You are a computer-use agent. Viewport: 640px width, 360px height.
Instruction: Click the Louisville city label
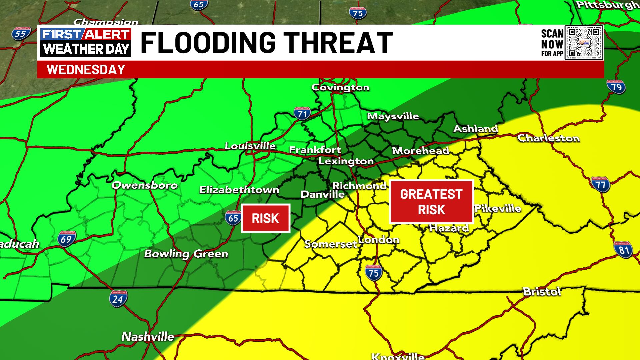[x=250, y=146]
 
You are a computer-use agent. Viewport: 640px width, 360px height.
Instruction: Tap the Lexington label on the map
[x=346, y=161]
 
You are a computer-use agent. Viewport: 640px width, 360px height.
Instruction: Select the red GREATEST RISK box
[x=431, y=202]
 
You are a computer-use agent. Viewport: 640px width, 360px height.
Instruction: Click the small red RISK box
[x=265, y=218]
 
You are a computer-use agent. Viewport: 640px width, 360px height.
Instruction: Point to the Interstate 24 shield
[x=118, y=299]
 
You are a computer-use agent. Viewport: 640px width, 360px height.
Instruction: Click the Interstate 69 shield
[x=66, y=239]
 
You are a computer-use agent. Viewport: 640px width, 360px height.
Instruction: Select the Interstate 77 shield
[x=601, y=185]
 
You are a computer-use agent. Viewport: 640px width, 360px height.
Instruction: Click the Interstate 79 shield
[x=616, y=87]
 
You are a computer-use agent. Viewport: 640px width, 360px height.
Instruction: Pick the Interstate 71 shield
[x=302, y=114]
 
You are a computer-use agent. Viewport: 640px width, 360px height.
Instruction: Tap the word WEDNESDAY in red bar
[x=86, y=70]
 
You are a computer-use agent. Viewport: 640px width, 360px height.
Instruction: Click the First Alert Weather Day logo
[x=86, y=42]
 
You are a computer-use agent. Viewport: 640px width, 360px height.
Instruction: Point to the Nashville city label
[x=148, y=336]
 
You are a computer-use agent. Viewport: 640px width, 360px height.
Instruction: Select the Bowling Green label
[x=186, y=254]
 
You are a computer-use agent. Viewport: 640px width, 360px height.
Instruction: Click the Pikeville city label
[x=498, y=209]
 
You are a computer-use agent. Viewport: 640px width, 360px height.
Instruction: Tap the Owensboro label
[x=144, y=185]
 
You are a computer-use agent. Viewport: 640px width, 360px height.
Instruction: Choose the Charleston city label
[x=548, y=138]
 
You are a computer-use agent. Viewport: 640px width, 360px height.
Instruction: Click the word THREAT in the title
[x=340, y=43]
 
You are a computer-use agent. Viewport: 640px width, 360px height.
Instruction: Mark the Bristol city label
[x=542, y=292]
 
